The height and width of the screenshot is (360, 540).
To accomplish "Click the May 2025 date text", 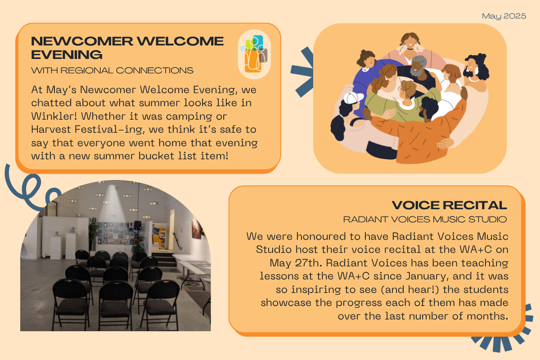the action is tap(504, 16).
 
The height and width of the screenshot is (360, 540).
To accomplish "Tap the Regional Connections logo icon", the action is tap(254, 54).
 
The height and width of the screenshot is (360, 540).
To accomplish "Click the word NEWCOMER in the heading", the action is tap(82, 41).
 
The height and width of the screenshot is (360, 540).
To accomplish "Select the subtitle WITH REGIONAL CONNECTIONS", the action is tap(112, 70).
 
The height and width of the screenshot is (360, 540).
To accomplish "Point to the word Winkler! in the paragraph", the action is tap(54, 116).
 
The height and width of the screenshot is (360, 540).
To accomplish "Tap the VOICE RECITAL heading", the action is tap(450, 205).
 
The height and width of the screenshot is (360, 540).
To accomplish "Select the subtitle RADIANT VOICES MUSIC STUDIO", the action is tap(425, 220).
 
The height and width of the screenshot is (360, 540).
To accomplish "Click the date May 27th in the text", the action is tap(296, 263).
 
